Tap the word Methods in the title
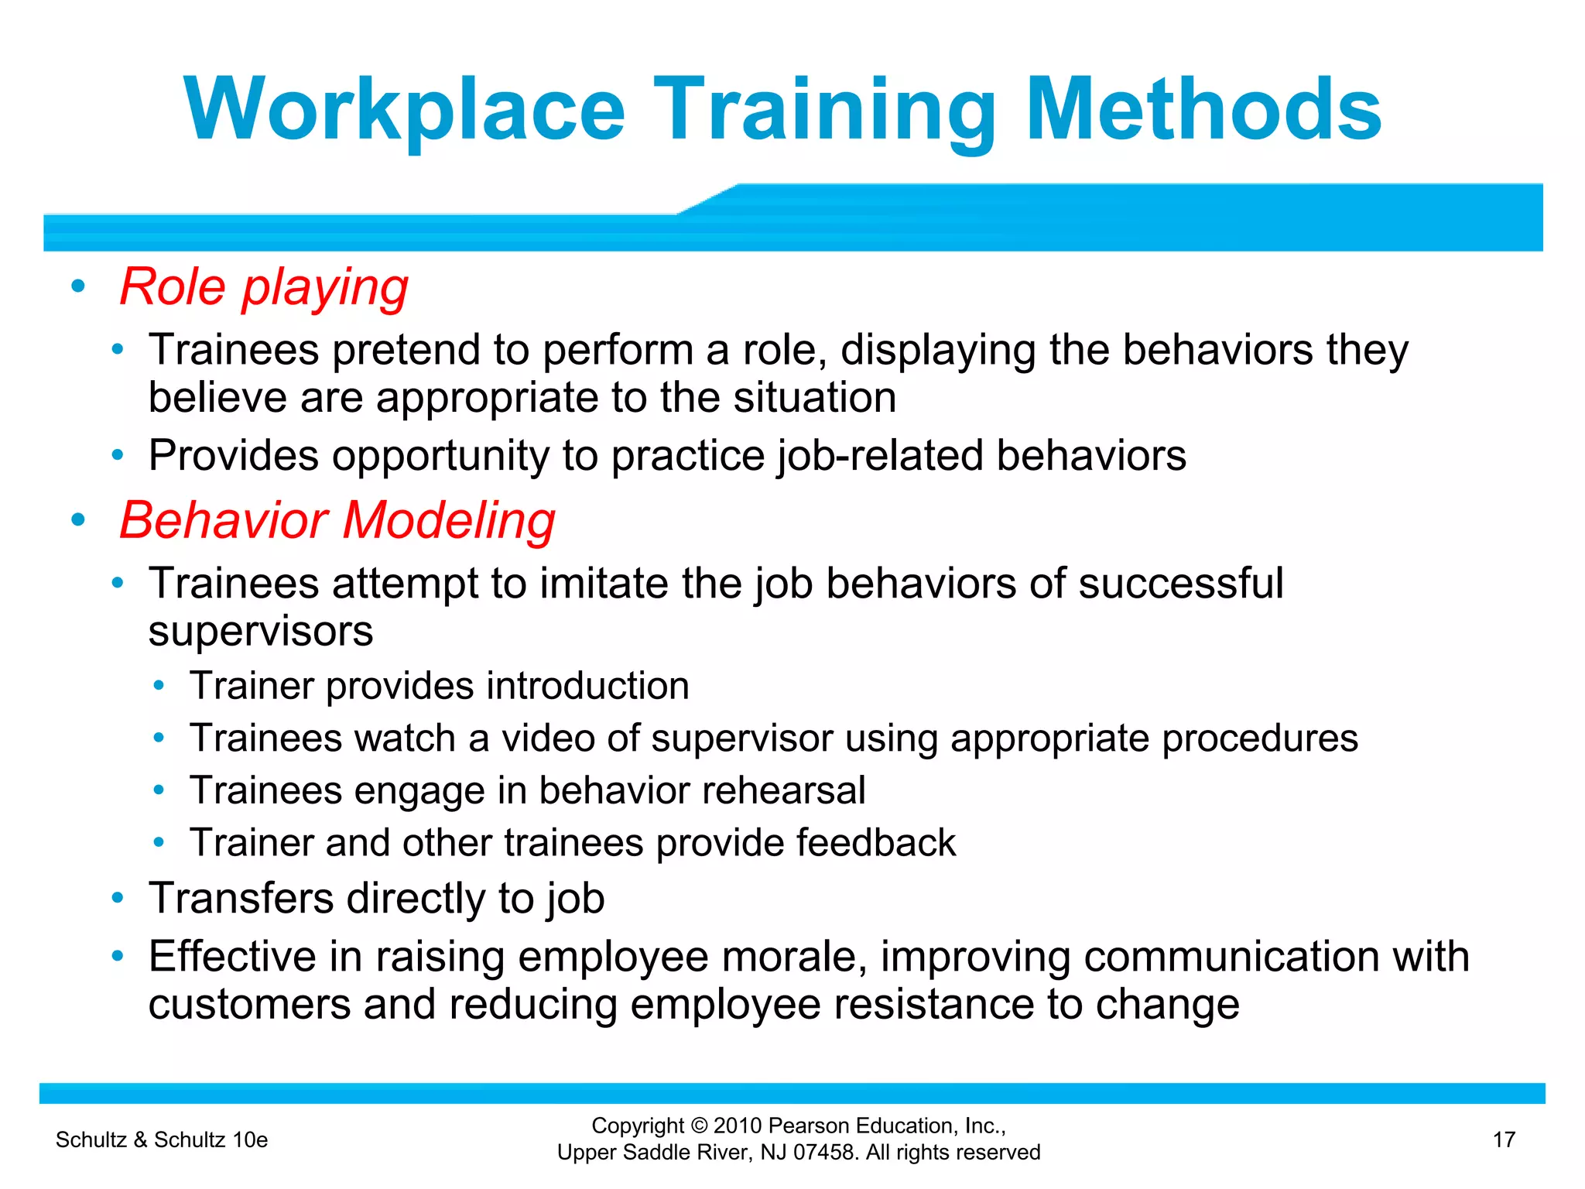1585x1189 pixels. [1203, 110]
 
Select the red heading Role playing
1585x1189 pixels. [264, 288]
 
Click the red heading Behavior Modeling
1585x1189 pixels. [337, 520]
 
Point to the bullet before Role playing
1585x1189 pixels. [77, 286]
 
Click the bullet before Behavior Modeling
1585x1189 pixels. [77, 519]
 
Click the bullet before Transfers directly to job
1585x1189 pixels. [118, 898]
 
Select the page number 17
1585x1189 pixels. [1503, 1139]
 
